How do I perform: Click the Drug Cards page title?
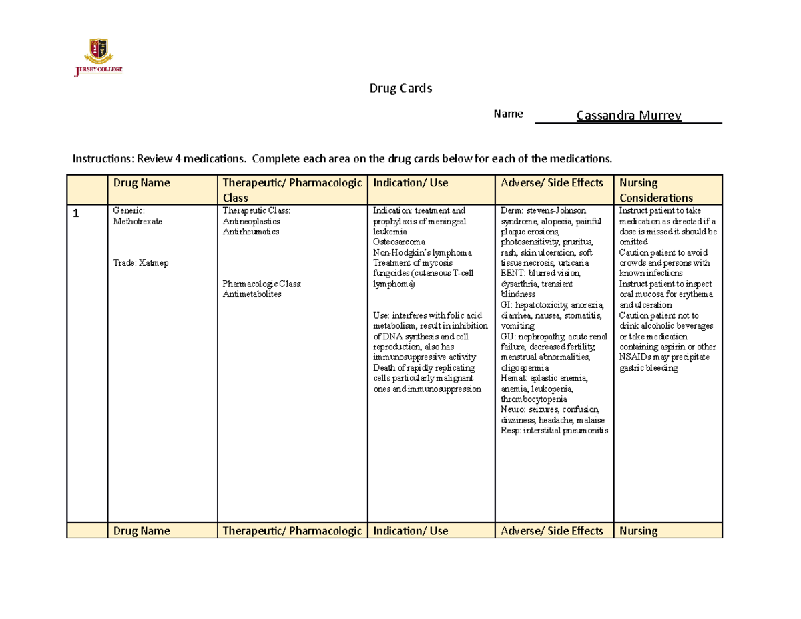click(x=401, y=88)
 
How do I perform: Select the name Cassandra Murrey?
click(x=629, y=116)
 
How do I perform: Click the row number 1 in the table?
click(x=76, y=214)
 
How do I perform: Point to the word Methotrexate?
click(x=136, y=221)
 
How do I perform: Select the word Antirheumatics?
click(x=250, y=232)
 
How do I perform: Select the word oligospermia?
click(x=525, y=368)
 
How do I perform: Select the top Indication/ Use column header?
click(x=411, y=182)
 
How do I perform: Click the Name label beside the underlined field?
click(x=507, y=114)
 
